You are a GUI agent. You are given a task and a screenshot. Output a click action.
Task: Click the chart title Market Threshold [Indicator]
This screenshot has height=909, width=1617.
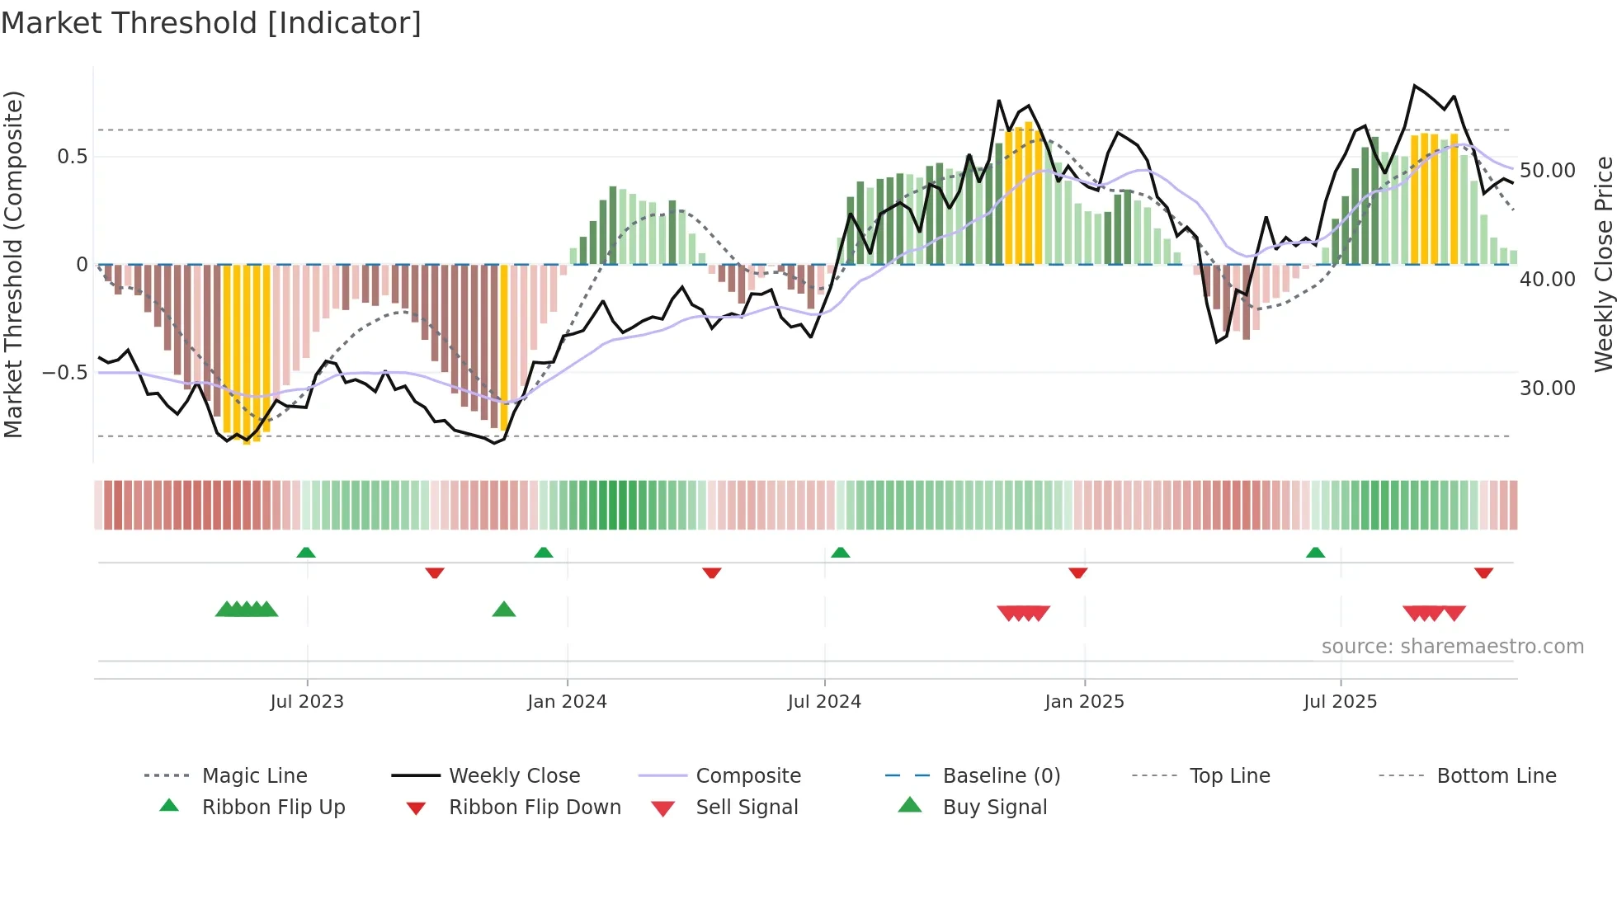[211, 23]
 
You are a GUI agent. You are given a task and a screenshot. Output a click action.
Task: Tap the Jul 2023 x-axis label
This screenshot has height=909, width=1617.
[306, 701]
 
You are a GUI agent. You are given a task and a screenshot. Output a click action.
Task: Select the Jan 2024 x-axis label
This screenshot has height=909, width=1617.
[567, 701]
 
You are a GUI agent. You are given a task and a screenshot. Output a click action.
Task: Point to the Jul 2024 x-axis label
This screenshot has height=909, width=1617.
[824, 701]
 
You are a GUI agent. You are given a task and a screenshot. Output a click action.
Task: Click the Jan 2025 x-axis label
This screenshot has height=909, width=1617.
[1084, 701]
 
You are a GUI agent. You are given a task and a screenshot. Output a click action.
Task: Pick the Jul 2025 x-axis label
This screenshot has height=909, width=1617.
[1340, 701]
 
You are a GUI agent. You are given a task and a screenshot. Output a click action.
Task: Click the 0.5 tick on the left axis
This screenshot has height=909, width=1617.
[73, 157]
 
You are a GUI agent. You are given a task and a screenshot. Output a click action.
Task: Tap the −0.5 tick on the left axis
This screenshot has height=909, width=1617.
[65, 373]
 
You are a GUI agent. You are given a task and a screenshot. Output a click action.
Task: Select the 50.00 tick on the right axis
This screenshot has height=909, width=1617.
[1547, 171]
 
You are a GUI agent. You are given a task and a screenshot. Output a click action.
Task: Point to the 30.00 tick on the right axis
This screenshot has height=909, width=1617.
[1547, 388]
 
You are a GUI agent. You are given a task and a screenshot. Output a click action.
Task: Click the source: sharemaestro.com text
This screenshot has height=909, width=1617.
[1452, 646]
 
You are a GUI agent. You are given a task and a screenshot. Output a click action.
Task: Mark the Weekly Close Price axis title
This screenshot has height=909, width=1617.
[1603, 264]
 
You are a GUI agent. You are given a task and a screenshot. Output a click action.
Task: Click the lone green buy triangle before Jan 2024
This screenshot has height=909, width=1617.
[503, 610]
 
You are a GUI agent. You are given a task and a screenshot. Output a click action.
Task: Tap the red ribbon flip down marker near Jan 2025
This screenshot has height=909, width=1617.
[1077, 572]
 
